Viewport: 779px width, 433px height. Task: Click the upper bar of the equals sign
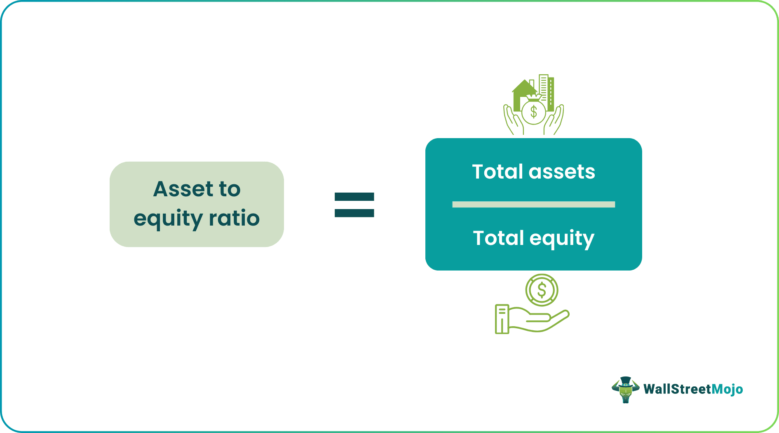pyautogui.click(x=354, y=197)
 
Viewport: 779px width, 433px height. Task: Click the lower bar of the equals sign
pyautogui.click(x=354, y=213)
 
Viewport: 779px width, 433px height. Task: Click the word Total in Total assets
pyautogui.click(x=497, y=172)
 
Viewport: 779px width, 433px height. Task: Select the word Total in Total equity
pyautogui.click(x=498, y=238)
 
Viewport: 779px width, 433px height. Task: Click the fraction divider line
pyautogui.click(x=533, y=205)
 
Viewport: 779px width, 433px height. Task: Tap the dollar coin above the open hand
pyautogui.click(x=542, y=290)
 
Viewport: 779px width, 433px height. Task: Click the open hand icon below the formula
pyautogui.click(x=532, y=320)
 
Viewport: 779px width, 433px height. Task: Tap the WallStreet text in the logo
pyautogui.click(x=677, y=389)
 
